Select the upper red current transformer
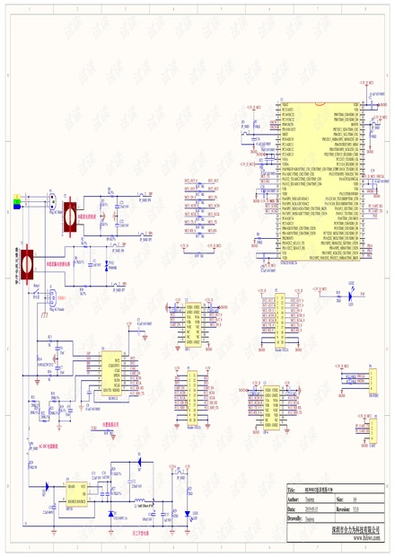(67, 215)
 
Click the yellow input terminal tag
(15, 195)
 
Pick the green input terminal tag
(15, 201)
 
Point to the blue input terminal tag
(15, 208)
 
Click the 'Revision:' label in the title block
(344, 508)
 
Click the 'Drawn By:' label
(294, 519)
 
